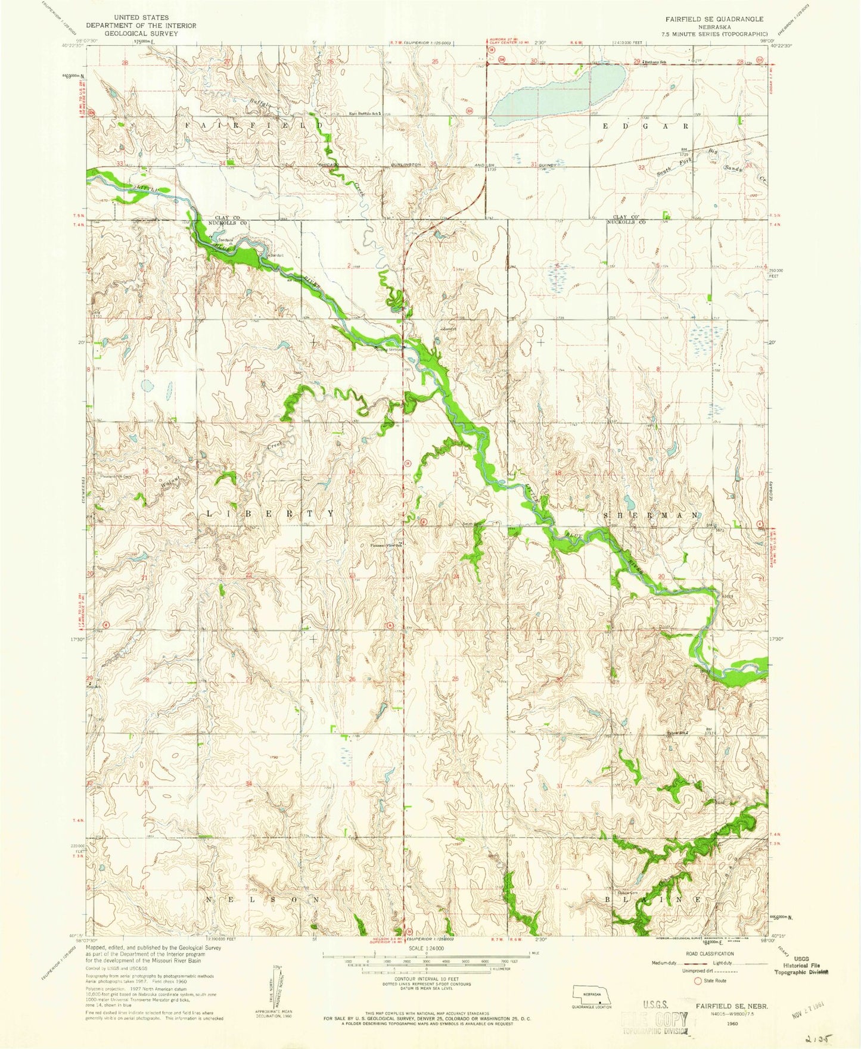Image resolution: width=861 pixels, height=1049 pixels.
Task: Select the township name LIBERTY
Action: (271, 513)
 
